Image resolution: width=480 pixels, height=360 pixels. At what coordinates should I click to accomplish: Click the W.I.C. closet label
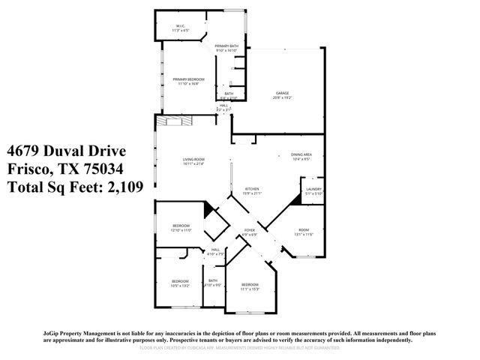click(x=181, y=28)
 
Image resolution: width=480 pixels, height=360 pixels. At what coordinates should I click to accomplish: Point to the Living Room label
click(x=193, y=161)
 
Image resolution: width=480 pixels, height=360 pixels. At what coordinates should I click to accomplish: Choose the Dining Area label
click(x=301, y=156)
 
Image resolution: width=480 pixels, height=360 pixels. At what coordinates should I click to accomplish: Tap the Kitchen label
click(x=252, y=190)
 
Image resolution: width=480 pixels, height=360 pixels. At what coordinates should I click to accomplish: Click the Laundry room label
click(x=313, y=191)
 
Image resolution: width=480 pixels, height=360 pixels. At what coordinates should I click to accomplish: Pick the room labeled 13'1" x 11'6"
click(x=303, y=232)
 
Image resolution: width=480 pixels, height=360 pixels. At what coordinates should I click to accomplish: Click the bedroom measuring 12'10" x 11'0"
click(x=182, y=228)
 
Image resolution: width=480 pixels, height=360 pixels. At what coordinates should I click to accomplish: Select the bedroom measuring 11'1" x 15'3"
click(x=250, y=286)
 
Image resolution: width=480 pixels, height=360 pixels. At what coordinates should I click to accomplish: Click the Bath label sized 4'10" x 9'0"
click(x=213, y=283)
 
